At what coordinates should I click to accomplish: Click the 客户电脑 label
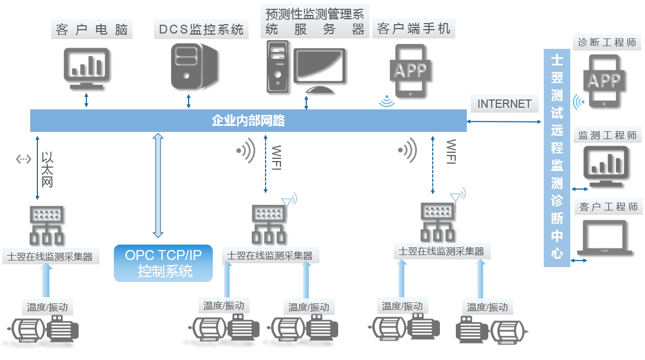[92, 29]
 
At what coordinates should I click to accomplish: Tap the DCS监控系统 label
[201, 29]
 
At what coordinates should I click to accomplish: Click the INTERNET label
[504, 104]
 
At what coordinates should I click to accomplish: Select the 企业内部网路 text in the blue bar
[248, 120]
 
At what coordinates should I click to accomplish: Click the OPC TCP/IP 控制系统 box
[163, 263]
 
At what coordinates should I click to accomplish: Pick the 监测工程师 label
[608, 135]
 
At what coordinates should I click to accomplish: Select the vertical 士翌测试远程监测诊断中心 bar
[557, 158]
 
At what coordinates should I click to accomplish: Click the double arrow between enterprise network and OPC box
[158, 185]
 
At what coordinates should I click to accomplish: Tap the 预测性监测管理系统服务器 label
[315, 21]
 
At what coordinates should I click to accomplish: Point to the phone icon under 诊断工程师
[605, 81]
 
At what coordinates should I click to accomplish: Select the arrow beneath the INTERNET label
[504, 121]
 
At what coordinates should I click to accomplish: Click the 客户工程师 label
[609, 207]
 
